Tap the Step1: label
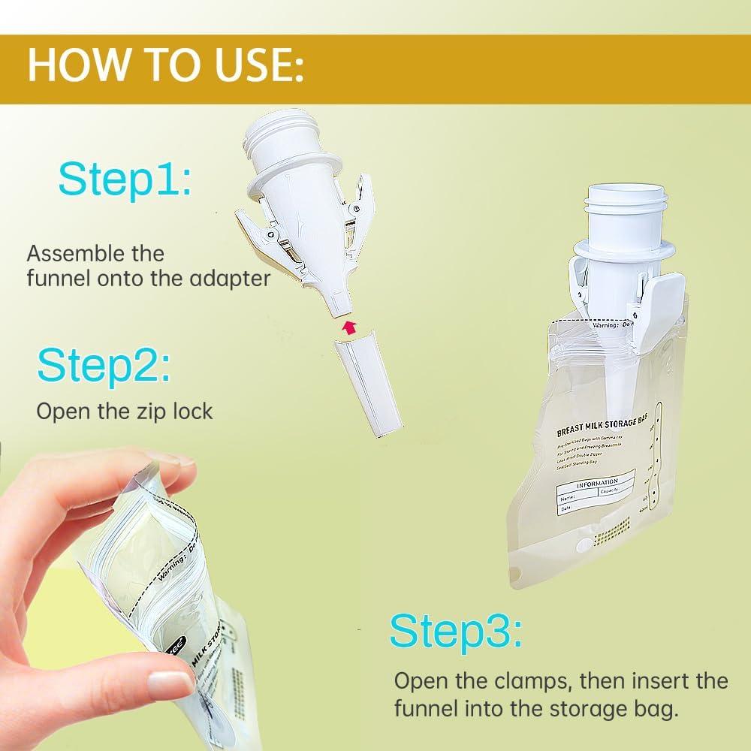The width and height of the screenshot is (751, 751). coord(125,179)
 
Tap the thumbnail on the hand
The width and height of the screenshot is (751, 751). coord(170,684)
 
